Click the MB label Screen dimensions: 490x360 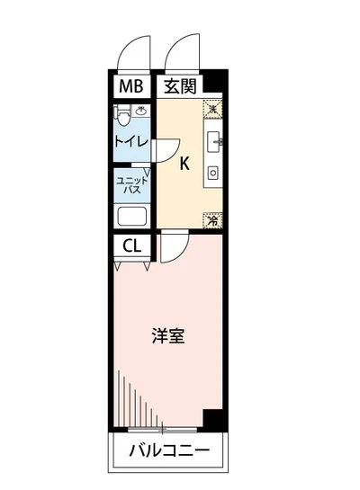(x=130, y=88)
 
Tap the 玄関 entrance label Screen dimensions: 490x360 (x=180, y=88)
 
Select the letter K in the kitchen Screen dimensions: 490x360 (x=184, y=164)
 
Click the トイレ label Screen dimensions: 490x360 (x=130, y=141)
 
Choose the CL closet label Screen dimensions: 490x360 (x=132, y=245)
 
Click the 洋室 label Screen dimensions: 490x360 (x=168, y=336)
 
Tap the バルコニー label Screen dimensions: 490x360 (x=168, y=450)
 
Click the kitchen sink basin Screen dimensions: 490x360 (x=214, y=141)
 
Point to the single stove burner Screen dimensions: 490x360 (x=213, y=171)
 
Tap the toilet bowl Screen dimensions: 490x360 (x=123, y=114)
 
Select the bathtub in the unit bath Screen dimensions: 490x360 (x=132, y=216)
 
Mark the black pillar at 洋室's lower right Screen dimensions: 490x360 (x=212, y=418)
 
